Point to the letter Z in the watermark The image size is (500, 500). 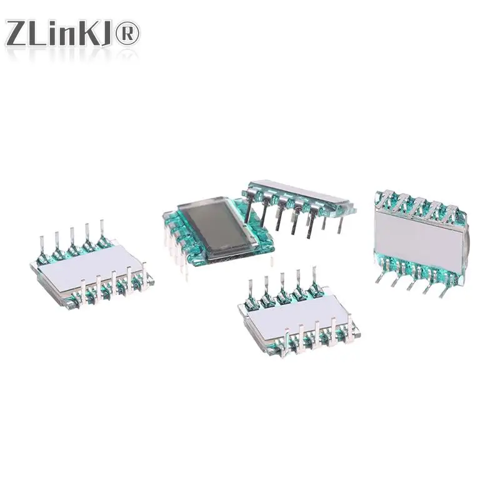18,33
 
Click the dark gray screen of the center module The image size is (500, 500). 211,229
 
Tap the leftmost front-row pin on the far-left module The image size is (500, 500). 83,294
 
